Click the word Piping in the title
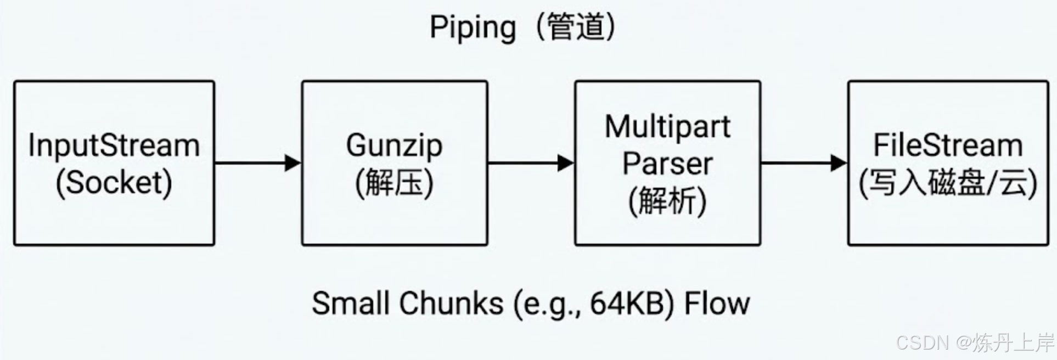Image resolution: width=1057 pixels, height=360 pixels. tap(472, 27)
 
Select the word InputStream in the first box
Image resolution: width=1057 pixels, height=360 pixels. tap(114, 145)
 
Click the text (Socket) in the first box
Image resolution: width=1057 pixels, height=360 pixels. tap(114, 183)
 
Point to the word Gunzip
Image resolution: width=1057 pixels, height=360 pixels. tap(394, 145)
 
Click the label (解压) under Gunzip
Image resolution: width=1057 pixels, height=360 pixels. tap(394, 183)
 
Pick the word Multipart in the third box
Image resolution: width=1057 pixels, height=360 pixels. tap(667, 127)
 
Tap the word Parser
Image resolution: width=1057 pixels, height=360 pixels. tap(667, 164)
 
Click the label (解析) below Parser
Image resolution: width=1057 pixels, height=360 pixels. tap(667, 200)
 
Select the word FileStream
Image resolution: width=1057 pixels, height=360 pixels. tap(948, 145)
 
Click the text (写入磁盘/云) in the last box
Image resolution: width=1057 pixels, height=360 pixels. tap(948, 183)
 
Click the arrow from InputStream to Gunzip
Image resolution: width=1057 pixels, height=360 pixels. tap(257, 163)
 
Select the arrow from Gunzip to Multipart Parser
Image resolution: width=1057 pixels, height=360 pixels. tap(531, 163)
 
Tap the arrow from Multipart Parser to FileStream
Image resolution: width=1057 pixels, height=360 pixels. tap(804, 163)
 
